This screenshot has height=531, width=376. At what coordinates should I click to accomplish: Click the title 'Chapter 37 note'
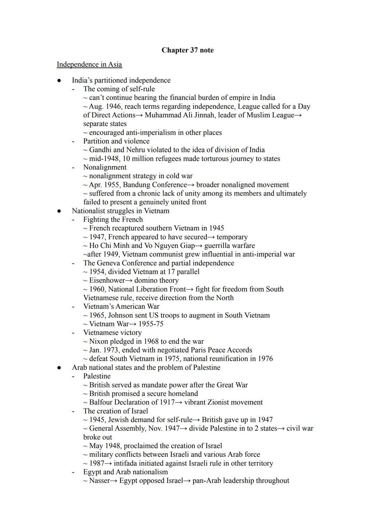(x=187, y=50)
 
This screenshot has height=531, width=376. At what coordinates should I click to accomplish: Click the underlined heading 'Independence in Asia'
(x=89, y=64)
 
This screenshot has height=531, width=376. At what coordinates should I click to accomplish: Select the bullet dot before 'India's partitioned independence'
(x=59, y=80)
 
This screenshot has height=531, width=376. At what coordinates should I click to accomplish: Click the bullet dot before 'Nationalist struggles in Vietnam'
(x=59, y=211)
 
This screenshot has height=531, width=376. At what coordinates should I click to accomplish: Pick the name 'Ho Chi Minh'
(x=109, y=246)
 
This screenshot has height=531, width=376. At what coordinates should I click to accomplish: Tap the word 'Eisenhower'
(x=107, y=281)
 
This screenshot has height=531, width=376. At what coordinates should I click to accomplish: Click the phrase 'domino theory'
(x=156, y=281)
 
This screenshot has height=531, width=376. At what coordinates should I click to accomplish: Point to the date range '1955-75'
(x=151, y=324)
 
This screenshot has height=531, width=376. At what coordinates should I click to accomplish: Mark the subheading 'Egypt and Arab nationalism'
(x=125, y=472)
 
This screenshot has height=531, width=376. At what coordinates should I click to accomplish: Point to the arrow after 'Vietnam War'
(x=133, y=324)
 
